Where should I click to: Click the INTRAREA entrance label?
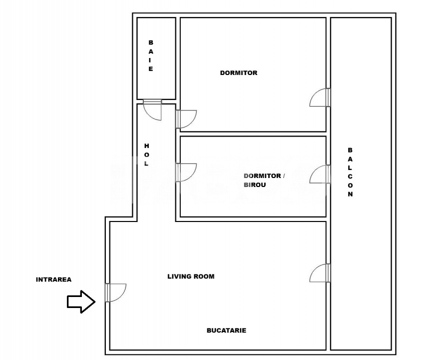point(53,279)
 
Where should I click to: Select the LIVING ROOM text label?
point(191,276)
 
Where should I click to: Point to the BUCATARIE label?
point(226,330)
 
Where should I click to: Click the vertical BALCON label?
point(350,172)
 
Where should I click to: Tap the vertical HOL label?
point(146,154)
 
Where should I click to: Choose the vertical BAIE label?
point(151,56)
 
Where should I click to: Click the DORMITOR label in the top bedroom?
point(239,73)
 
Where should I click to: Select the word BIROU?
point(255,184)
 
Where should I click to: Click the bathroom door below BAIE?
point(153,109)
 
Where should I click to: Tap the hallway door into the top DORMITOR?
point(186,119)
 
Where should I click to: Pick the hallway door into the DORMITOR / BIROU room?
point(186,172)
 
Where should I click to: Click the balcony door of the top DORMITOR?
point(320,97)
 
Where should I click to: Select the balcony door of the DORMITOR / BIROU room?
point(320,175)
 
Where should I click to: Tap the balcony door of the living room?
point(320,273)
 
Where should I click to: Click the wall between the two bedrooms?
point(253,134)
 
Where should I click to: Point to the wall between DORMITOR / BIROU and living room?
point(253,219)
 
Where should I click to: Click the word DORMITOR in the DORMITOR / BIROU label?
point(262,176)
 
